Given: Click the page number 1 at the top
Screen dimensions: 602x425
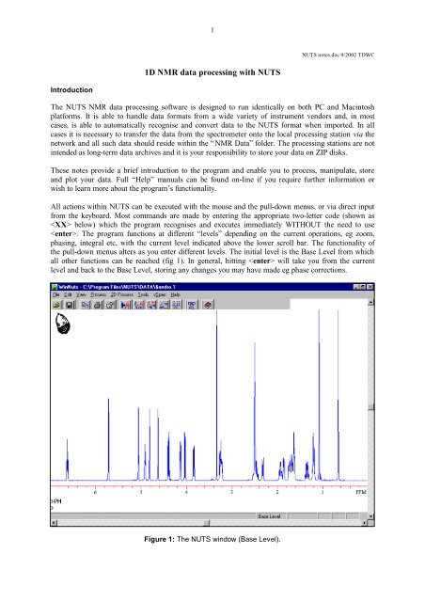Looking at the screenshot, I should (x=213, y=29).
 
